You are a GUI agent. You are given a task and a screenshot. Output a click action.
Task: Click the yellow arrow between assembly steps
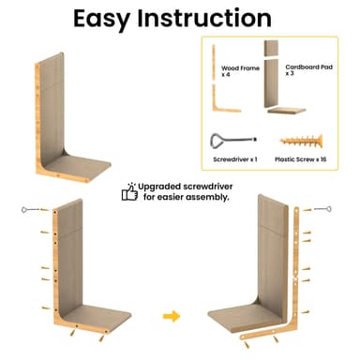[172, 316]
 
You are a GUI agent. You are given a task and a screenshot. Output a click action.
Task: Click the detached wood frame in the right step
[296, 281]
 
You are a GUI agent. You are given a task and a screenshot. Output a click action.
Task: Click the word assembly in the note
[205, 198]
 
